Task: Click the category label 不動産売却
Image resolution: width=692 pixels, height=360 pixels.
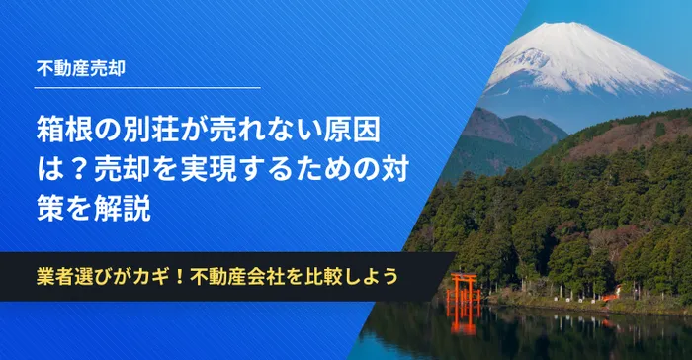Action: point(81,68)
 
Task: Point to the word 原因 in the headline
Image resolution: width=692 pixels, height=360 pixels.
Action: point(352,132)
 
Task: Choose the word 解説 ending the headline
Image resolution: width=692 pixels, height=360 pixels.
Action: point(123,208)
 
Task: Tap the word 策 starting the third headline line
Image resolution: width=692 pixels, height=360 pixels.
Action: point(50,208)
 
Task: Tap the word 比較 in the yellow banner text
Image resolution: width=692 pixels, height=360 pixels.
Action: point(321,277)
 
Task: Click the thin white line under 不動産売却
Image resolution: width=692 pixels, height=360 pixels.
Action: point(147,87)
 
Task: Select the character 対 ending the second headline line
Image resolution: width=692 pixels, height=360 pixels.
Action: point(395,170)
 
